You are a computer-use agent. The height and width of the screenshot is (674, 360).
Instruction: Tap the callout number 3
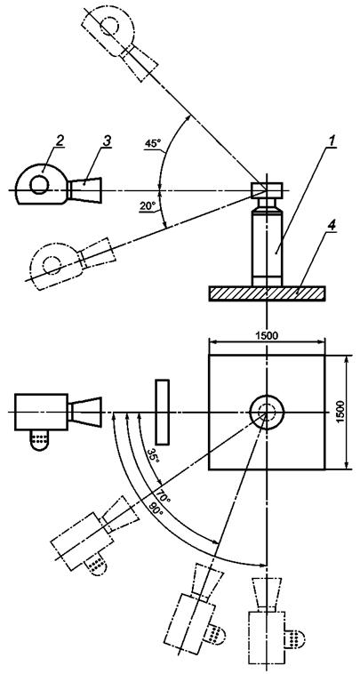tap(106, 141)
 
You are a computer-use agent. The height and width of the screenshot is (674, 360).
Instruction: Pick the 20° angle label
tap(147, 206)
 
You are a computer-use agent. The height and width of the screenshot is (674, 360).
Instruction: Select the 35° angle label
tap(153, 455)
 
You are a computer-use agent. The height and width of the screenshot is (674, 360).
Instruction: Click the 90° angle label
tap(154, 508)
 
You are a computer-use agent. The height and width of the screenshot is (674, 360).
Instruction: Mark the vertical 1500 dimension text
tap(340, 412)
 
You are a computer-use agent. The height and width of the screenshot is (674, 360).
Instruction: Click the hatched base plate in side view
tap(267, 293)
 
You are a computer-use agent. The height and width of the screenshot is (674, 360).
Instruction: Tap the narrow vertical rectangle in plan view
tap(163, 412)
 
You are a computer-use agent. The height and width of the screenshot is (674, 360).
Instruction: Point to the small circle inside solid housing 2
tap(39, 185)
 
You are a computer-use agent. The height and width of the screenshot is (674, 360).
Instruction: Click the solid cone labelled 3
tap(84, 189)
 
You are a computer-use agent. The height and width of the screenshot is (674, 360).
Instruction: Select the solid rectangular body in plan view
tap(41, 412)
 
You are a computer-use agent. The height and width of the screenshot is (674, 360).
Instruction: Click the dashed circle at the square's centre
tap(267, 411)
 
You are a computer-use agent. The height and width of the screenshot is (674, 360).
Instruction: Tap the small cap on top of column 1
tap(267, 189)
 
